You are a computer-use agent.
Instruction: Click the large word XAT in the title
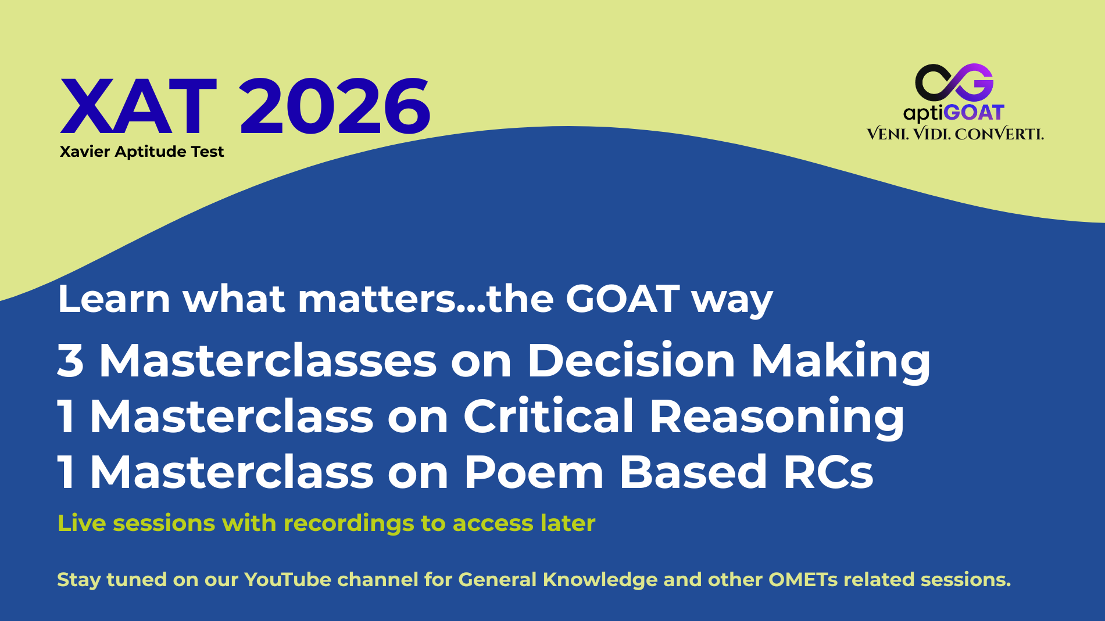click(139, 107)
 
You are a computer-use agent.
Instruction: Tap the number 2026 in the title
click(335, 107)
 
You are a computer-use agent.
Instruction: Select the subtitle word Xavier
click(85, 152)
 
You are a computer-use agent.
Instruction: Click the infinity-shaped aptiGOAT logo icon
click(954, 82)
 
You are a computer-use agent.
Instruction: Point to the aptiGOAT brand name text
click(954, 113)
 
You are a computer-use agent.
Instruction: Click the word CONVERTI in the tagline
click(999, 134)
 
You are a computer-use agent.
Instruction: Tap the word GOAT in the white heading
click(623, 299)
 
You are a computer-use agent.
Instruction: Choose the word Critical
click(548, 415)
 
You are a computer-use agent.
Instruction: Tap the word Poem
click(534, 472)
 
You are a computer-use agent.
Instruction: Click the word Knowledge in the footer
click(599, 580)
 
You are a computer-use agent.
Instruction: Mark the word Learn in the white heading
click(114, 299)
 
